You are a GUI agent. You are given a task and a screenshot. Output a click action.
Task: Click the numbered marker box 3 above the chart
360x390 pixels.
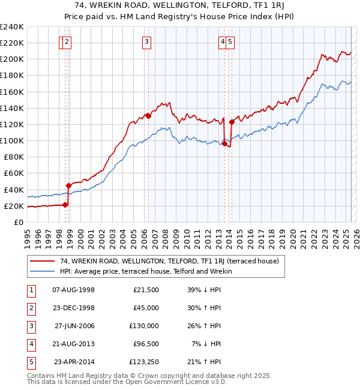coord(147,41)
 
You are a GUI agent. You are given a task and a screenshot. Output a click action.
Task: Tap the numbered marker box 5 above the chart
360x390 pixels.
coord(230,41)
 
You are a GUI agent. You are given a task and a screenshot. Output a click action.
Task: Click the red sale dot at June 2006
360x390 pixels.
coord(148,116)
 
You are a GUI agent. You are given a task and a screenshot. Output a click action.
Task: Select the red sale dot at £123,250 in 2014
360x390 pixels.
coord(232,122)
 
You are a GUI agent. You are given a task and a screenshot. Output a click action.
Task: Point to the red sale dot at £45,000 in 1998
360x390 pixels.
coord(68,185)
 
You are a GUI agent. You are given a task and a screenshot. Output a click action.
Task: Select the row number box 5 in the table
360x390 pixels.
coord(31,362)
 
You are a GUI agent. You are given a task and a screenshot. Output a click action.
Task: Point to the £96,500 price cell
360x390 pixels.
coord(145,344)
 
